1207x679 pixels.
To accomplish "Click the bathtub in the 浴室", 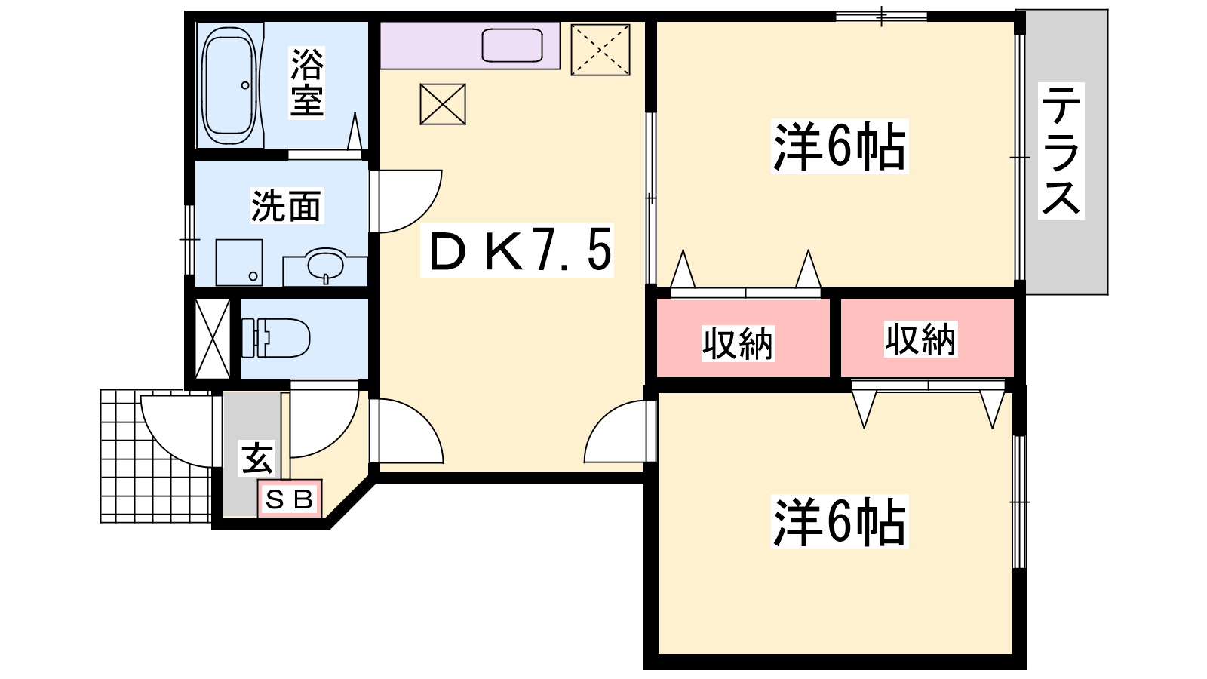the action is click(229, 84).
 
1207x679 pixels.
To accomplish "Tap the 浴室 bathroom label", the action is click(307, 82).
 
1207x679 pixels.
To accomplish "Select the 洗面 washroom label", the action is click(286, 205).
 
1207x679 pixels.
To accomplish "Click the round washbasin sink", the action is click(324, 265).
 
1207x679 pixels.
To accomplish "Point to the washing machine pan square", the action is click(238, 263).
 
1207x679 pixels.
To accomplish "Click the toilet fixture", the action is click(275, 338).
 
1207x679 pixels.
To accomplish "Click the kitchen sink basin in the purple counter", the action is click(512, 45).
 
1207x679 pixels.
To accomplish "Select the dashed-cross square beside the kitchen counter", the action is click(600, 50).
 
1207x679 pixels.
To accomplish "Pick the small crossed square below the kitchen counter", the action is click(442, 104).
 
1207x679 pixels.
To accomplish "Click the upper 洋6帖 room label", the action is click(840, 146).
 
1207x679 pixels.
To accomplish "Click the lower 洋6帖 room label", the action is click(840, 521).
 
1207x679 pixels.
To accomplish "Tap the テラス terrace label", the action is click(1061, 151).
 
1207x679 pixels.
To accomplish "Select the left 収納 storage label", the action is click(738, 343).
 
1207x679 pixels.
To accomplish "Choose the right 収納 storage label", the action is click(920, 339).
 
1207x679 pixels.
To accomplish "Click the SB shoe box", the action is click(290, 499).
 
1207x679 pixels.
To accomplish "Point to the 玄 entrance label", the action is click(257, 458).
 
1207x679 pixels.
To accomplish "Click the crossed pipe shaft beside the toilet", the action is click(212, 339).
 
